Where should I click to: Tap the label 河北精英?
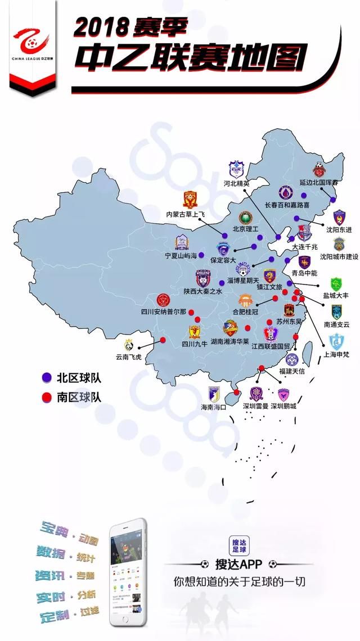point(236,183)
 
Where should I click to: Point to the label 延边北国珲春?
point(319,183)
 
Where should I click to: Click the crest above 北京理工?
point(245,218)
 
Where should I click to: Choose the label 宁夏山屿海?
point(181,255)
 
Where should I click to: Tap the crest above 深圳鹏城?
point(283,394)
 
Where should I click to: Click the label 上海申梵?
point(337,355)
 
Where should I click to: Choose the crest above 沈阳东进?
point(339,218)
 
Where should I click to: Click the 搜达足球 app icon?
point(240,546)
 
